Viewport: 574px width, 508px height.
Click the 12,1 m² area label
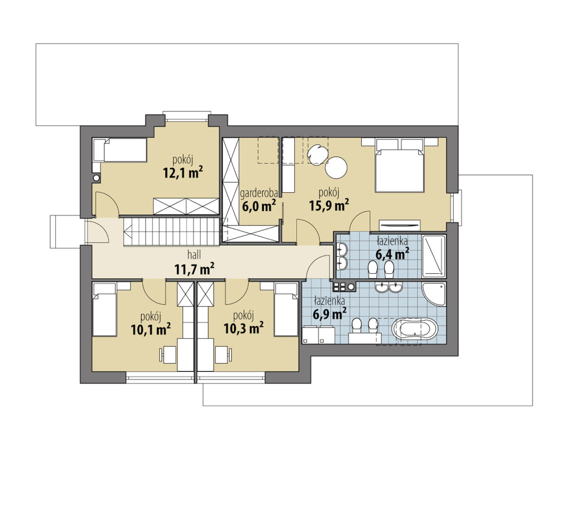[x=183, y=172]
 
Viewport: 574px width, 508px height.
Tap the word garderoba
[x=259, y=193]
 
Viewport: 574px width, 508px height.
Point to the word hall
[x=194, y=254]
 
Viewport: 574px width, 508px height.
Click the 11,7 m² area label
[x=195, y=269]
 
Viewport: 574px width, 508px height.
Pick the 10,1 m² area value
[x=151, y=330]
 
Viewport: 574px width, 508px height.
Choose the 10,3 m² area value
[x=244, y=328]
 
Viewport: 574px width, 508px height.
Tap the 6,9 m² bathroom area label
[x=330, y=314]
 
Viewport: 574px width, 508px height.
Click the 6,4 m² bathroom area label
[x=392, y=254]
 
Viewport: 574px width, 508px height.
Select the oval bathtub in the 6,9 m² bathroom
[x=415, y=329]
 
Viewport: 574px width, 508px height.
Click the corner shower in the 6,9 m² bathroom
[x=435, y=294]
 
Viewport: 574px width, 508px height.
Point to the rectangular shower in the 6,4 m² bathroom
[x=434, y=256]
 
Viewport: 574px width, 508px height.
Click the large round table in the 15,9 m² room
[x=336, y=167]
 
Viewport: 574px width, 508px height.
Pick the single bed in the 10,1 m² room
[x=105, y=310]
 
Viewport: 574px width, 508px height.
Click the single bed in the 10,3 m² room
[x=286, y=310]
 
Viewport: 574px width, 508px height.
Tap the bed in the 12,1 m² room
[x=120, y=150]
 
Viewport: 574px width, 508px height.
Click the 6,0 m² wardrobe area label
[x=259, y=206]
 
